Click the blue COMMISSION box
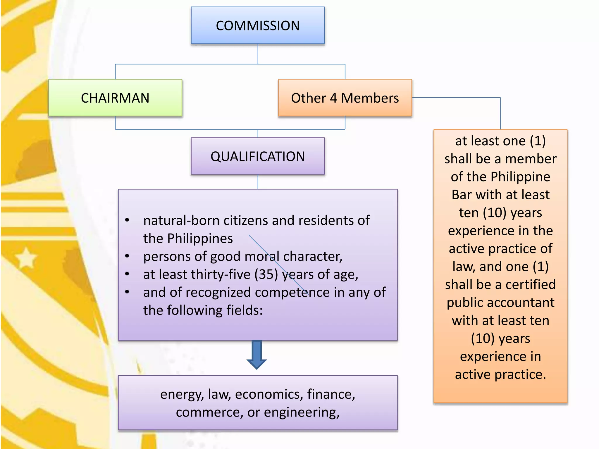pyautogui.click(x=258, y=25)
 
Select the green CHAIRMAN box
pyautogui.click(x=115, y=98)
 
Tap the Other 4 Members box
pyautogui.click(x=345, y=98)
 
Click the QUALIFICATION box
pyautogui.click(x=258, y=156)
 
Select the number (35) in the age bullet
pyautogui.click(x=266, y=274)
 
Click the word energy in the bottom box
pyautogui.click(x=182, y=395)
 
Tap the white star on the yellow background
pyautogui.click(x=26, y=258)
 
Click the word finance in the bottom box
pyautogui.click(x=331, y=395)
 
